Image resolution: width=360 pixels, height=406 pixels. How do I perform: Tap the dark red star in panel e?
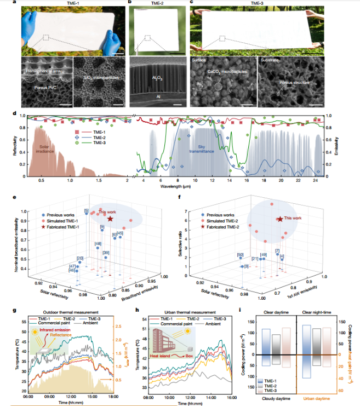(x=110, y=218)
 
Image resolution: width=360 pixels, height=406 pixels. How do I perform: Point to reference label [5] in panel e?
(x=86, y=211)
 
